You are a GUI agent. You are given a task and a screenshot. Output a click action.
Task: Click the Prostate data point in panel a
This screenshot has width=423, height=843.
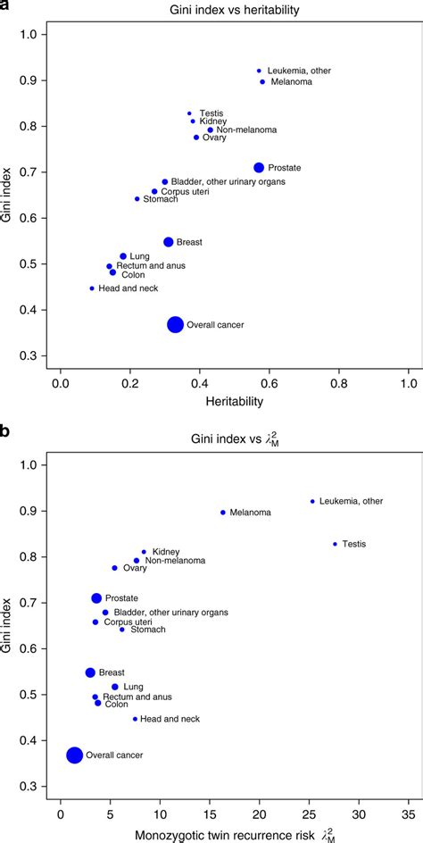[x=259, y=168]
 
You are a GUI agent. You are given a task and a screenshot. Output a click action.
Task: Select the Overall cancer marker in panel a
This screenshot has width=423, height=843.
[x=176, y=325]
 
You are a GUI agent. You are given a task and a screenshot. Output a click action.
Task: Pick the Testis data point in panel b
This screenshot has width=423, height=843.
[x=336, y=544]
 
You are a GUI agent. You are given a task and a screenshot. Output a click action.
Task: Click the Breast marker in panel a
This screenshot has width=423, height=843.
[x=168, y=242]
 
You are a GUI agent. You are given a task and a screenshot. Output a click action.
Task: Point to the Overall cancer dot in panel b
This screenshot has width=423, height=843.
[x=75, y=755]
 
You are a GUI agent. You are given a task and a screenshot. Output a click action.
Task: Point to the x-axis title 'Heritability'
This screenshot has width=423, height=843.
[x=236, y=403]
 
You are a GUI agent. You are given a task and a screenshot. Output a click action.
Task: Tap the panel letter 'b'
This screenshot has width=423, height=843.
[x=7, y=432]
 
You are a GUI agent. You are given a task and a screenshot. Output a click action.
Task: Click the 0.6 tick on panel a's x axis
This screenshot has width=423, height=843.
[x=270, y=383]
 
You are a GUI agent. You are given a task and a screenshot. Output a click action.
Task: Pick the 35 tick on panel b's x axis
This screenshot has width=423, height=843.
[x=409, y=814]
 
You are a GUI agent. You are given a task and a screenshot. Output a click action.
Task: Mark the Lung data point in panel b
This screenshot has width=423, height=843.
[x=115, y=687]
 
